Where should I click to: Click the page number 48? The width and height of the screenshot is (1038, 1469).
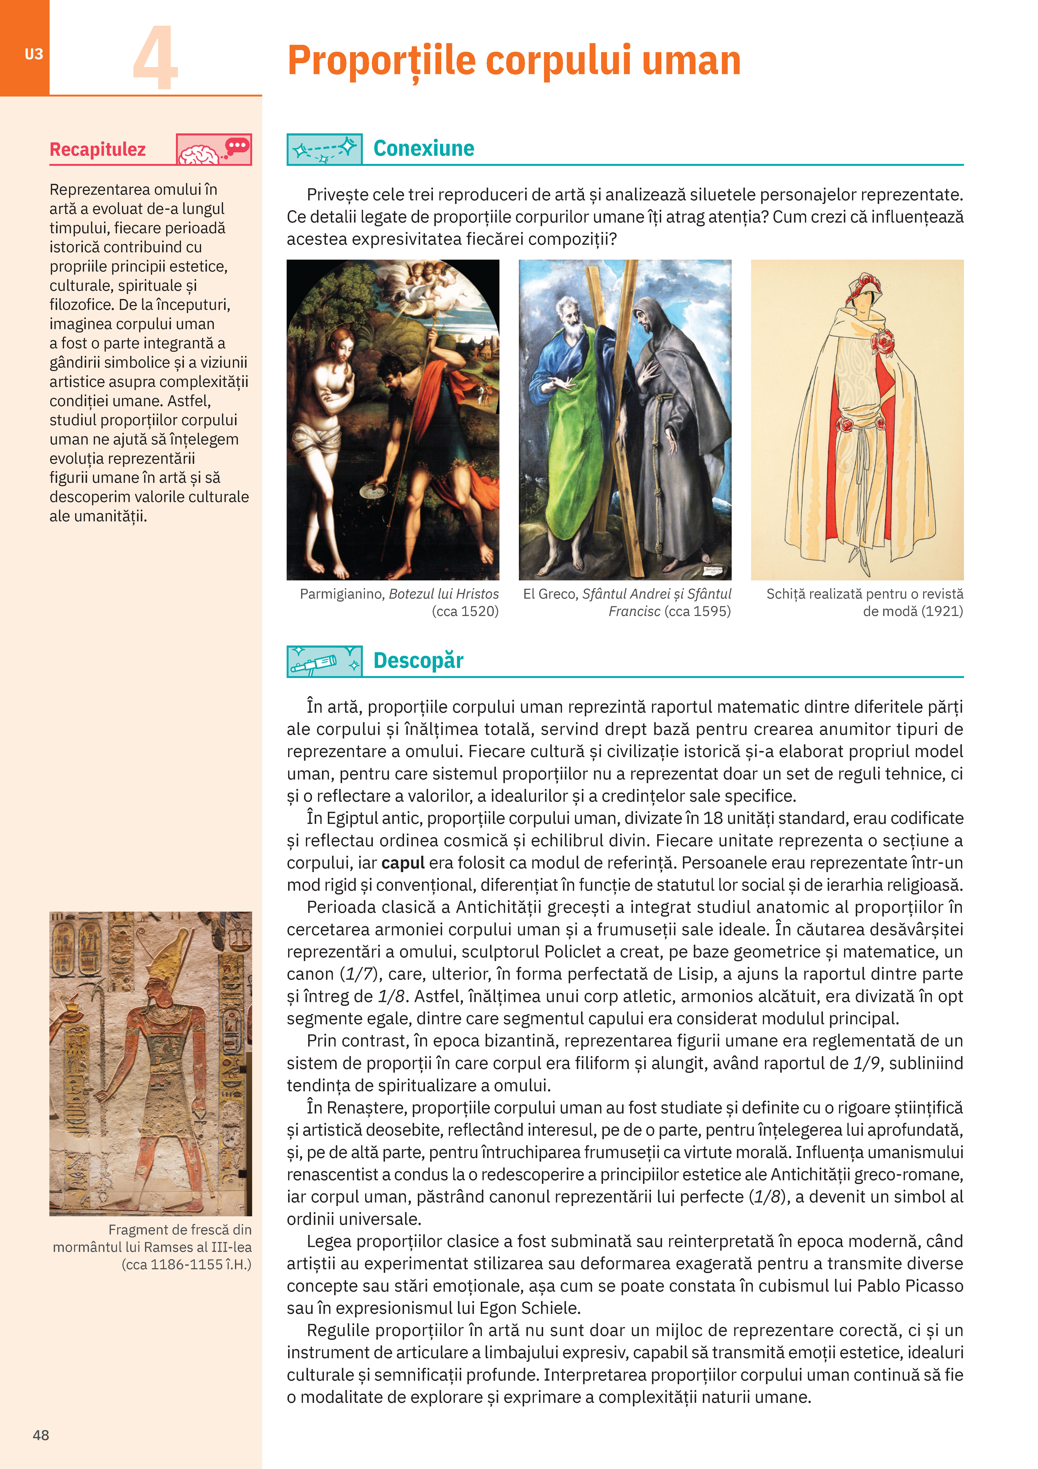[41, 1435]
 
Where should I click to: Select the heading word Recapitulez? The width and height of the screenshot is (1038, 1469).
[98, 150]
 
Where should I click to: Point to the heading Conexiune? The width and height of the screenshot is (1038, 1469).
[423, 148]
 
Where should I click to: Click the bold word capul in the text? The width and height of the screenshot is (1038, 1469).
[403, 863]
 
